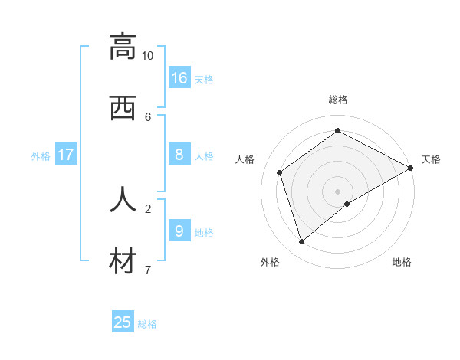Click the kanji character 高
point(123,47)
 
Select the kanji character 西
point(123,108)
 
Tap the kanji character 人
point(123,199)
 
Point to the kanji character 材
point(123,260)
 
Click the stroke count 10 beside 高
point(147,56)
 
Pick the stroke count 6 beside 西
point(148,116)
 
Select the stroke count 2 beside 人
point(148,208)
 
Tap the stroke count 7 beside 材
point(148,269)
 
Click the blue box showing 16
point(179,77)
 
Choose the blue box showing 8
point(179,155)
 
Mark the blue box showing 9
point(179,231)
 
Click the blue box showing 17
point(66,155)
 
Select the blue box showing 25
point(123,322)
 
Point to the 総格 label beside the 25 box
point(147,324)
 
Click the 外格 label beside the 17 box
point(41,156)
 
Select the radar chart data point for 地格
point(347,204)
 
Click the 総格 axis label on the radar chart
point(338,100)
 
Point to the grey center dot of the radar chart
point(338,191)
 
